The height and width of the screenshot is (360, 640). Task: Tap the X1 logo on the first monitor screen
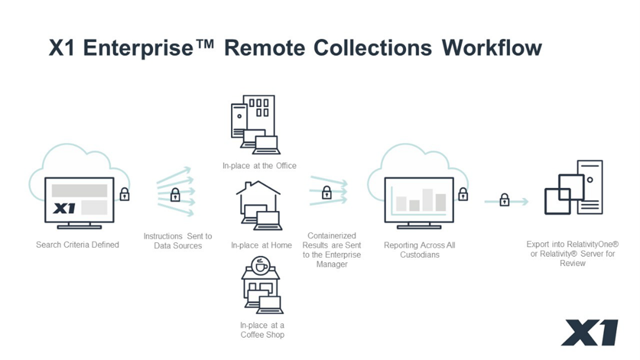[x=64, y=208]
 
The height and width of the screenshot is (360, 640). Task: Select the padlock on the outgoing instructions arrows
[x=175, y=194]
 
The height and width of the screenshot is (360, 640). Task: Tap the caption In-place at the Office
[x=259, y=166]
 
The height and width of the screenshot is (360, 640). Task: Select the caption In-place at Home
[x=261, y=245]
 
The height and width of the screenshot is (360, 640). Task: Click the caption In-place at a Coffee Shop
[x=262, y=330]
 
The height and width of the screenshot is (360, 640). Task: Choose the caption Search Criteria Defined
[x=77, y=245]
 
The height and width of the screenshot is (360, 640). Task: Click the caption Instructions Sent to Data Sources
[x=178, y=241]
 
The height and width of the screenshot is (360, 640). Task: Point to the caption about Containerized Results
[x=331, y=250]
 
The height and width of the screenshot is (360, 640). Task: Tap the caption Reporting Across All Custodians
[x=419, y=250]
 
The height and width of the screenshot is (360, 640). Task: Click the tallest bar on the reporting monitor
[x=427, y=200]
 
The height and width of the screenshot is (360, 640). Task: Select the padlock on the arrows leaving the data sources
[x=327, y=192]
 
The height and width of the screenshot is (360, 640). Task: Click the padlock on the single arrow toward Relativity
[x=504, y=200]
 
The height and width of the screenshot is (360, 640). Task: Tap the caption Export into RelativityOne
[x=572, y=253]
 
